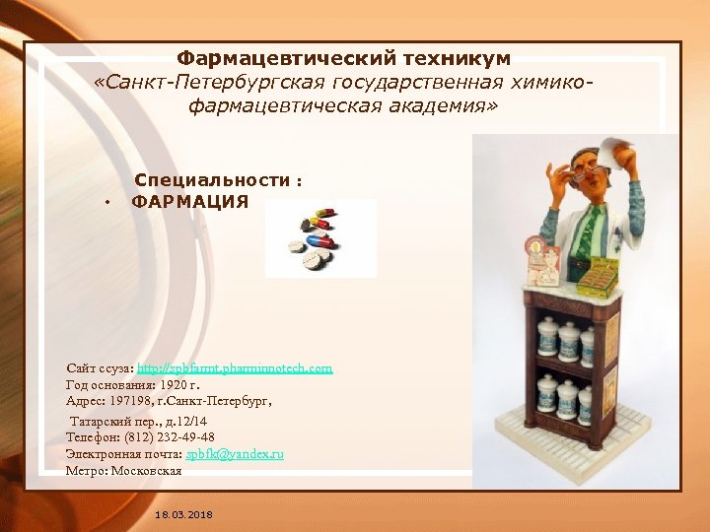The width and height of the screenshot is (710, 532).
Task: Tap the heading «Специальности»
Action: tap(213, 180)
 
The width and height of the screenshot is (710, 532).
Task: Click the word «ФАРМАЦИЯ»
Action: tap(190, 202)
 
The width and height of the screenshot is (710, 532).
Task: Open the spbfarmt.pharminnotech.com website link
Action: tap(235, 367)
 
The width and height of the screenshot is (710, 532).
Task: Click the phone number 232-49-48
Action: tap(185, 436)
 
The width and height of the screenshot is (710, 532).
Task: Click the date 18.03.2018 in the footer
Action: tap(183, 515)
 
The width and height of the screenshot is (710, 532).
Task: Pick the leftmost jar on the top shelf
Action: tap(544, 337)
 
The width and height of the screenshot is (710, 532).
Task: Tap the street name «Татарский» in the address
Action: tap(104, 420)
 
